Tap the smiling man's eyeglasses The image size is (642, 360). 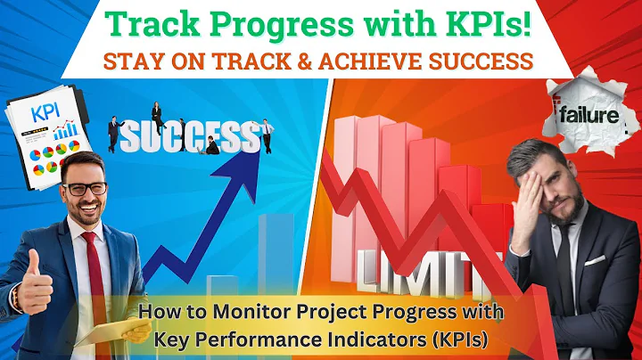click(86, 188)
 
